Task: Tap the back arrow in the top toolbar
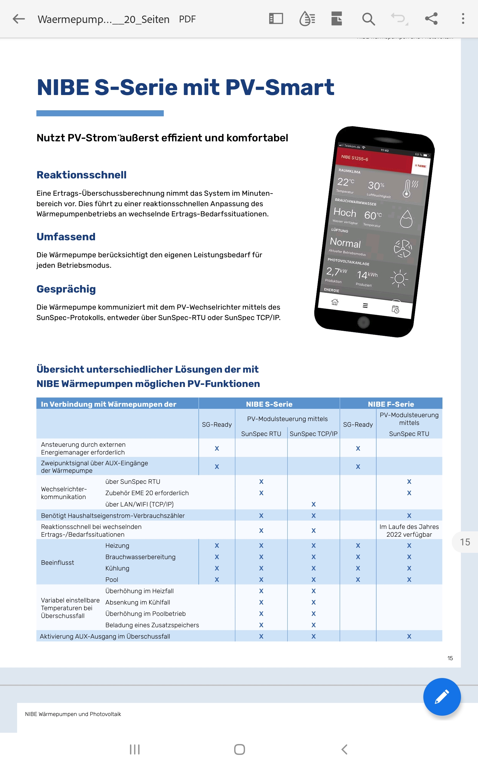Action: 19,19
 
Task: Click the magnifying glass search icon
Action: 368,19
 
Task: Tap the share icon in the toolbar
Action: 431,19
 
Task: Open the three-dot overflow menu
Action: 463,19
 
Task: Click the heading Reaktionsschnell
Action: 82,175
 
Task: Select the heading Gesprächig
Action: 66,289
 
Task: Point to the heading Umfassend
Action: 66,237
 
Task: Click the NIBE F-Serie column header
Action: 391,404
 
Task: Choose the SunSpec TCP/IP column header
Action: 313,434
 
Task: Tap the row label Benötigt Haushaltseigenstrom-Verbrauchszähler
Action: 113,515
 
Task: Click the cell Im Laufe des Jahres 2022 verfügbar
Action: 409,530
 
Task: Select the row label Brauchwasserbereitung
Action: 140,557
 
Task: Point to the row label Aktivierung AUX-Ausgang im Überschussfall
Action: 105,636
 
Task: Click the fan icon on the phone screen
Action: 403,248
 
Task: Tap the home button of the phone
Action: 364,322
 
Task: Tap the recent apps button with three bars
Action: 135,749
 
